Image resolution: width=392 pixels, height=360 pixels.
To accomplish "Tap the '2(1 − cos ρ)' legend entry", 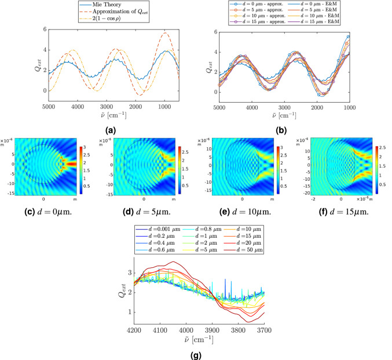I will tap(110, 19).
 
